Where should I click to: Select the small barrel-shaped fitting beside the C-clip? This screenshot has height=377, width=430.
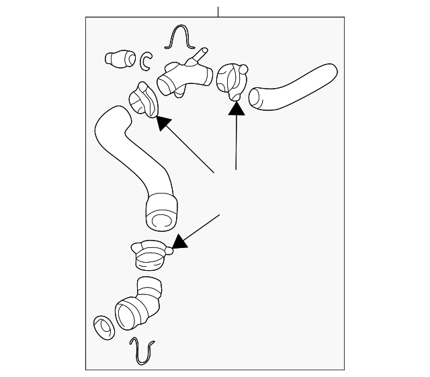click(x=120, y=58)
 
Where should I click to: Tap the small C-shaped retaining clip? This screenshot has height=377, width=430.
click(x=146, y=61)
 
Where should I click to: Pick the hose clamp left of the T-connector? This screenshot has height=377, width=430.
click(x=142, y=99)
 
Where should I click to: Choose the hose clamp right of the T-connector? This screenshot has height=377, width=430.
click(x=230, y=81)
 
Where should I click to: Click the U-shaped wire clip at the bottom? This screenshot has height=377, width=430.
click(x=142, y=349)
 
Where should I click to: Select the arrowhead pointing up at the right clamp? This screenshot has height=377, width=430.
click(x=235, y=107)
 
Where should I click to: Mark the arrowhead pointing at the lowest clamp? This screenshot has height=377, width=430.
click(x=179, y=241)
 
